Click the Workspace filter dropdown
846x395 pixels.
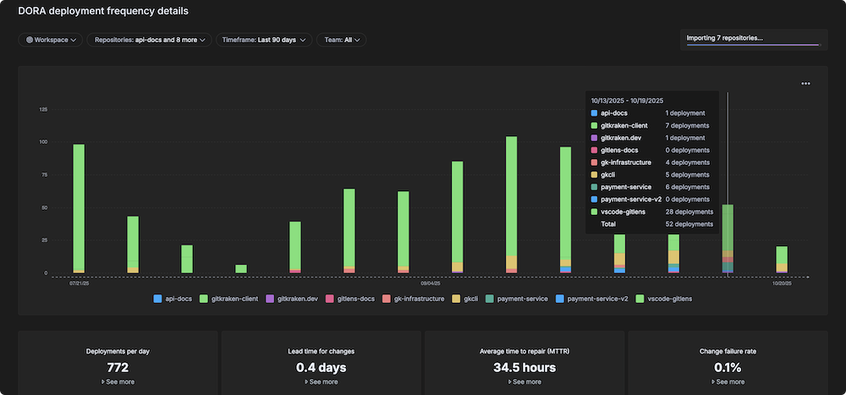click(51, 40)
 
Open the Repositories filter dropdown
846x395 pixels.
click(150, 40)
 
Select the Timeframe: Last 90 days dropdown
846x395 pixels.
click(264, 40)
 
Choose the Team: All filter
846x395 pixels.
click(341, 40)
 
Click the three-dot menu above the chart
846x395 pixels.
click(805, 84)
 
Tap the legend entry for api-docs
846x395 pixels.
click(175, 299)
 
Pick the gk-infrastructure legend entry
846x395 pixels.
click(413, 299)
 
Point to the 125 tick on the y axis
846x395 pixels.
click(42, 109)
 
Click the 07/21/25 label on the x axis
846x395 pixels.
click(79, 283)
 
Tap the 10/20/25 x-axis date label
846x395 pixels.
click(782, 283)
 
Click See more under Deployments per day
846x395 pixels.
click(118, 382)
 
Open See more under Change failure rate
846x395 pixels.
click(727, 382)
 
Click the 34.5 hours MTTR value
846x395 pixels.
click(524, 367)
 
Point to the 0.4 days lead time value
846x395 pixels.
click(321, 367)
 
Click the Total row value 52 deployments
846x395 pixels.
click(689, 224)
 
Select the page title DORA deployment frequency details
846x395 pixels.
click(103, 12)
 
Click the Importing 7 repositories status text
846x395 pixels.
click(725, 37)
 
